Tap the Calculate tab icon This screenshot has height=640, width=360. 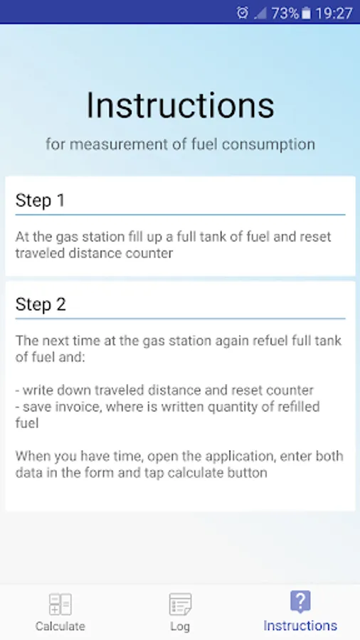60,604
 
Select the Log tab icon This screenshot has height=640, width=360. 180,604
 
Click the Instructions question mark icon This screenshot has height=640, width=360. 300,602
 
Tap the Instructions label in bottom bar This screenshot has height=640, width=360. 300,625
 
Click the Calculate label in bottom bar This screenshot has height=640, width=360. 60,626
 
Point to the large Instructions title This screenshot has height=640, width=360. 180,105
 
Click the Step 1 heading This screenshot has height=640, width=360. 40,201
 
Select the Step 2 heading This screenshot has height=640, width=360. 41,304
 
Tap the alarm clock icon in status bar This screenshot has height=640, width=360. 242,13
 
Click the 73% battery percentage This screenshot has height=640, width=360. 285,14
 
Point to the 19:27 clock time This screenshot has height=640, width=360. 334,14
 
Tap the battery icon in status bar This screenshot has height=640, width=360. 306,14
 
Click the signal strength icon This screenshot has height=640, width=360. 260,14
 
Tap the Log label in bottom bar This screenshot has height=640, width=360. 180,626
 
